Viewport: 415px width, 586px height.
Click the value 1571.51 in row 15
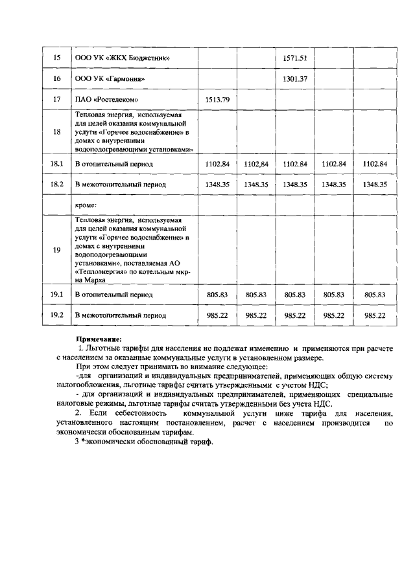click(x=295, y=58)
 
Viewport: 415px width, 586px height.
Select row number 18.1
click(x=57, y=164)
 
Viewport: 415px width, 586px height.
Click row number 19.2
click(x=57, y=315)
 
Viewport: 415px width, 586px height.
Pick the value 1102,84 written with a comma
click(x=256, y=164)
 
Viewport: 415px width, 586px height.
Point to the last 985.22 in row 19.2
click(x=375, y=315)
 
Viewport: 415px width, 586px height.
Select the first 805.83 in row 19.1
click(x=217, y=295)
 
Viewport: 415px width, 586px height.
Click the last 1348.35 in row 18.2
click(x=375, y=185)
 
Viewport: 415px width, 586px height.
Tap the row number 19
click(x=57, y=249)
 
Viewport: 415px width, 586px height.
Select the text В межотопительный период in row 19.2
click(x=121, y=315)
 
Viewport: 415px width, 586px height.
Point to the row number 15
click(x=57, y=58)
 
